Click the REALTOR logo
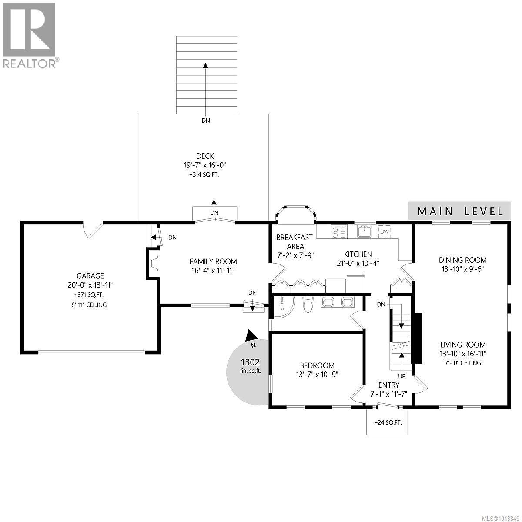29,35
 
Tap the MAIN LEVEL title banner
460,211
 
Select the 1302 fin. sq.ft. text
250,365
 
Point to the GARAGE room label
90,276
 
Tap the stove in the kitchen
339,232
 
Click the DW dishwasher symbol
384,231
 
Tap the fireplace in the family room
154,263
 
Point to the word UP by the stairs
402,375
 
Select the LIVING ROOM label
462,345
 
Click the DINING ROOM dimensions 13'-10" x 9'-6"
462,269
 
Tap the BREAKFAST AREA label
295,242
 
